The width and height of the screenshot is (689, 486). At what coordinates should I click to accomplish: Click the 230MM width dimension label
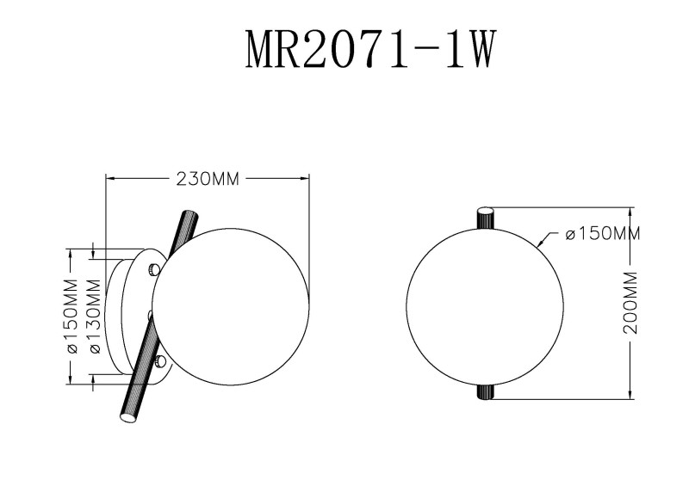click(x=207, y=179)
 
